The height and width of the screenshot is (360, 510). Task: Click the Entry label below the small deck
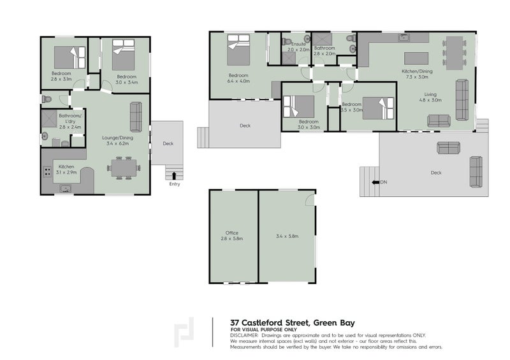[x=175, y=184]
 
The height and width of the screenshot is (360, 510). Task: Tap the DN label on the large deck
[x=383, y=183]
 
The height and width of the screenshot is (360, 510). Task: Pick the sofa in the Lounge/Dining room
[x=136, y=117]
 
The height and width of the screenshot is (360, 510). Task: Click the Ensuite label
[x=298, y=44]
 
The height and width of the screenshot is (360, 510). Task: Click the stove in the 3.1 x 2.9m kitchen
[x=47, y=171]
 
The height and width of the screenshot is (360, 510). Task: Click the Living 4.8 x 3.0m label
[x=431, y=97]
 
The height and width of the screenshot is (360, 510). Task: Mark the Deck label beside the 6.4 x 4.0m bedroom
[x=245, y=126]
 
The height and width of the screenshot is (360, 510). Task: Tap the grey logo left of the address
[x=184, y=332]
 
